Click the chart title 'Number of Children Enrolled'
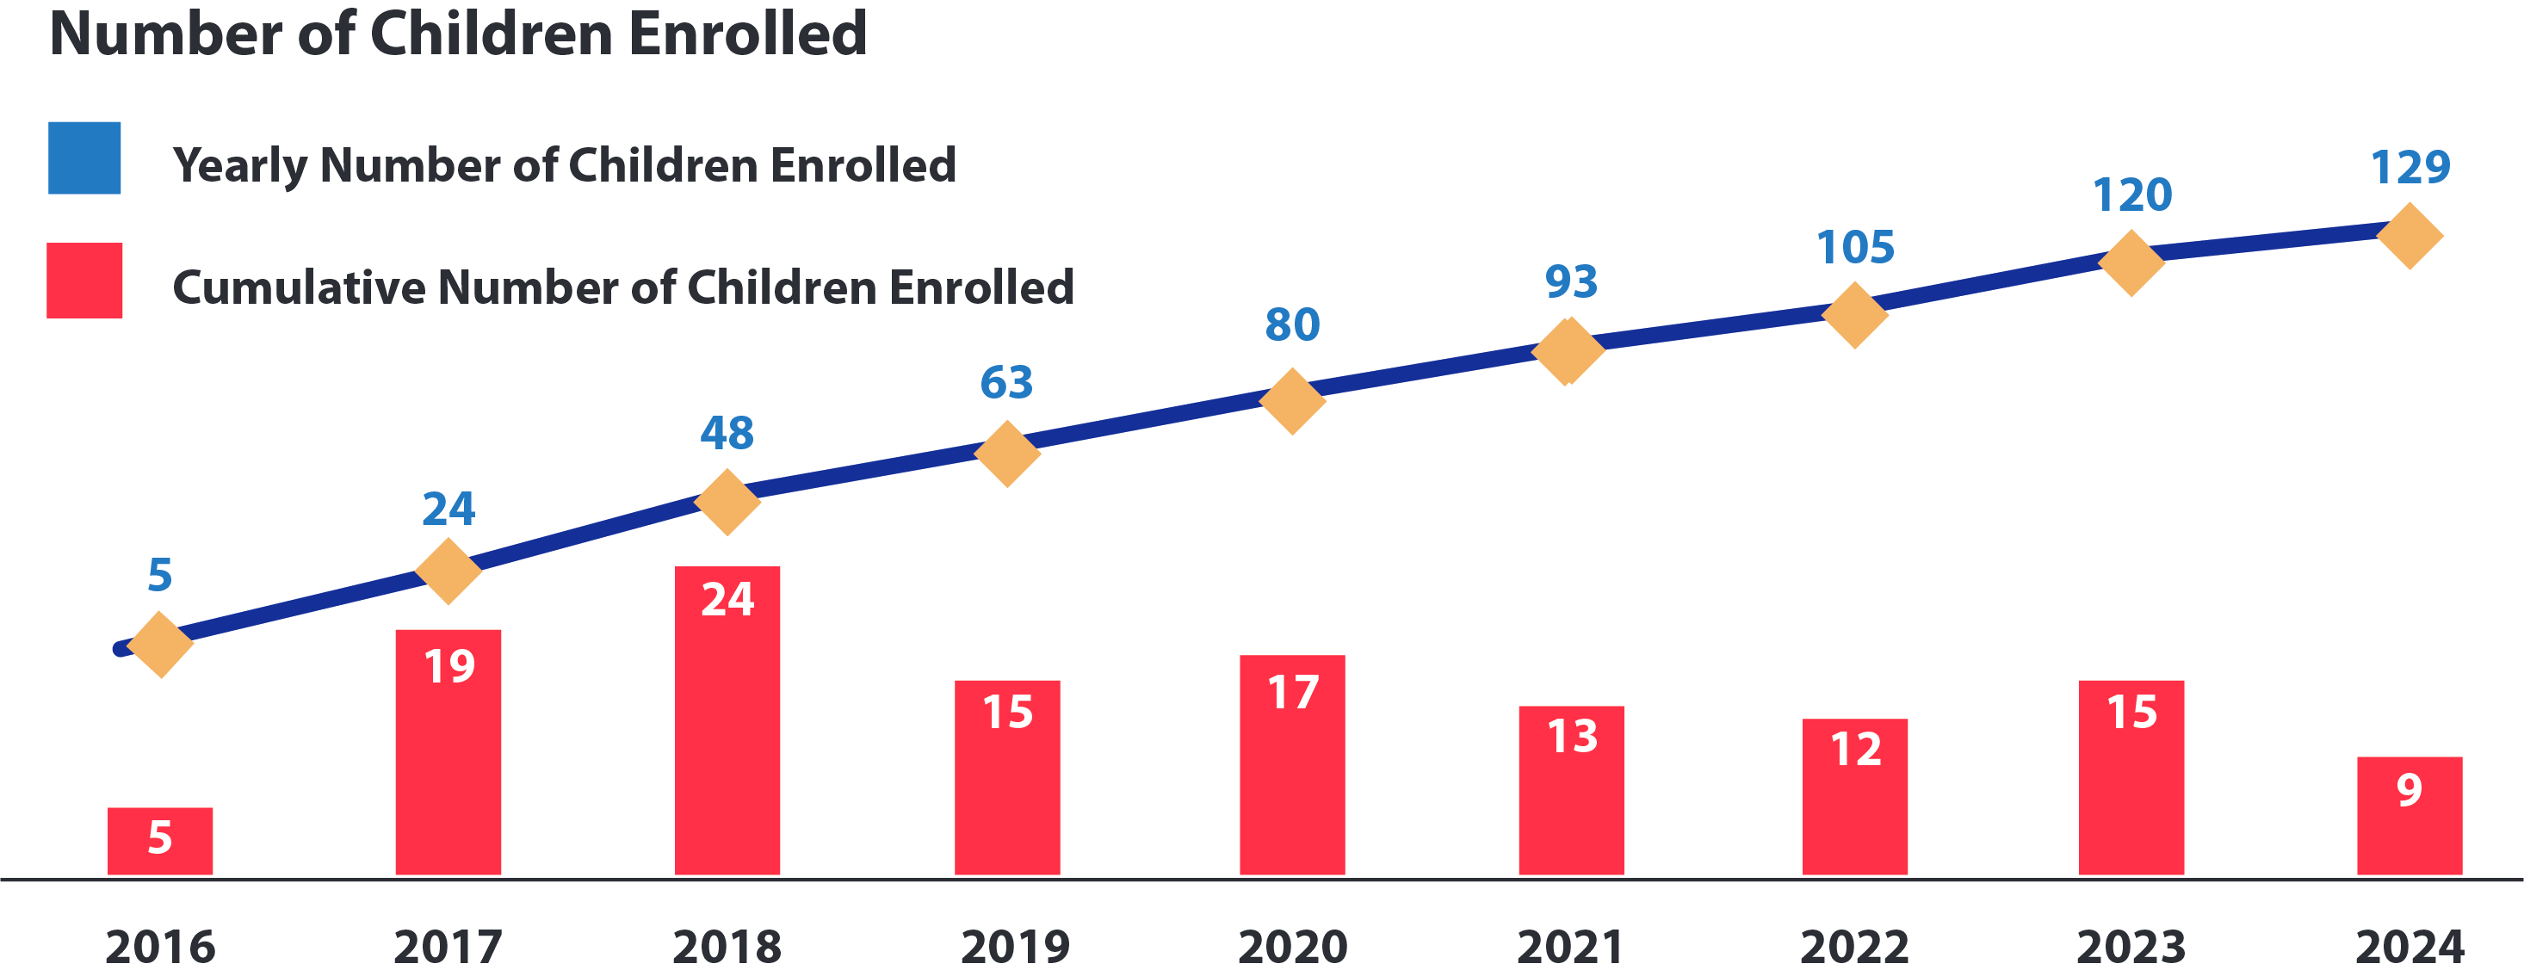point(459,34)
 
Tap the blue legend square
point(84,158)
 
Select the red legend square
point(84,281)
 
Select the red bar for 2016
point(160,841)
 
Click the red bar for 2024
point(2409,815)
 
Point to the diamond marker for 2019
point(1007,453)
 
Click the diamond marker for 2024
point(2410,236)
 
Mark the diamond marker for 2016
point(160,644)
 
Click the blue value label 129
point(2410,168)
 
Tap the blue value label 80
point(1292,324)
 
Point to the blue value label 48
point(727,432)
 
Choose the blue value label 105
point(1855,247)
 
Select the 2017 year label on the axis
point(448,947)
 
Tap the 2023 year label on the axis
point(2131,947)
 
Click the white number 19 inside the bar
point(449,666)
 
